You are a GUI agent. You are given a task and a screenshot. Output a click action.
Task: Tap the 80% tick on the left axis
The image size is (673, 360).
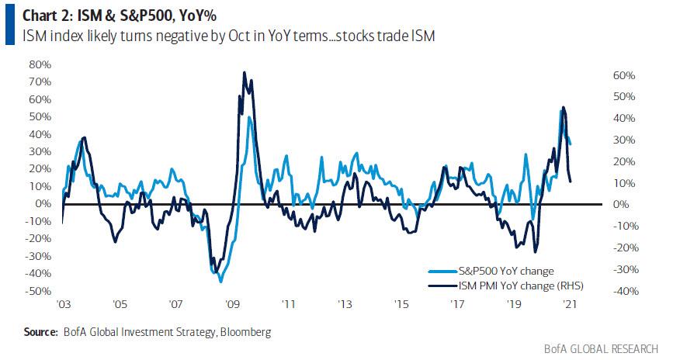coord(40,64)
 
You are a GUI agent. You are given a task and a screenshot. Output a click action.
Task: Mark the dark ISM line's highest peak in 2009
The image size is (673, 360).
coord(245,73)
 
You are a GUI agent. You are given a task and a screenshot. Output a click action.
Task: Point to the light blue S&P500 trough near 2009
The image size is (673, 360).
coord(220,281)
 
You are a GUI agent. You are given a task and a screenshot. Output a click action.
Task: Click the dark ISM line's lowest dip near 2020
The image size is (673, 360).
coord(536,251)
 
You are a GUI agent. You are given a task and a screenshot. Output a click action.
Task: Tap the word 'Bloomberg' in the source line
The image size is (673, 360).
coord(245,332)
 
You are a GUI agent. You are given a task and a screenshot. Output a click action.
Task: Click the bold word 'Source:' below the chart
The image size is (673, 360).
coord(40,332)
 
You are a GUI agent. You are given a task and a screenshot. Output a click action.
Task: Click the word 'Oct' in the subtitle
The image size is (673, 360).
coord(206,35)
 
